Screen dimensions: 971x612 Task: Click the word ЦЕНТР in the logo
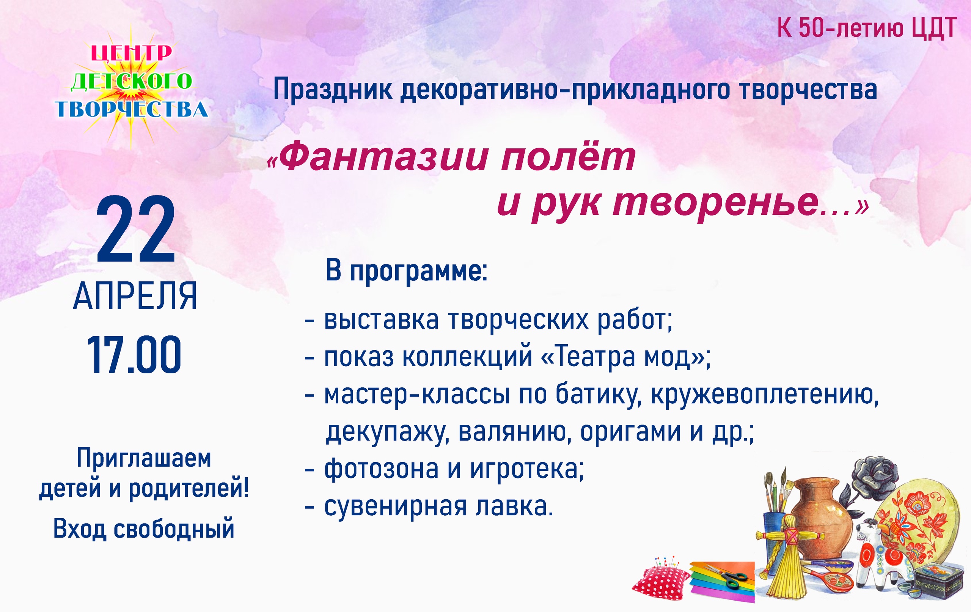[132, 53]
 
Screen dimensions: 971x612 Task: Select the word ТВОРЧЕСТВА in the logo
[132, 109]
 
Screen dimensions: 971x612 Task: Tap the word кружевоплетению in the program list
[765, 394]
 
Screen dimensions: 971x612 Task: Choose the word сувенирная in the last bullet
[396, 506]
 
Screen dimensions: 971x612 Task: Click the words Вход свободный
[143, 529]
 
